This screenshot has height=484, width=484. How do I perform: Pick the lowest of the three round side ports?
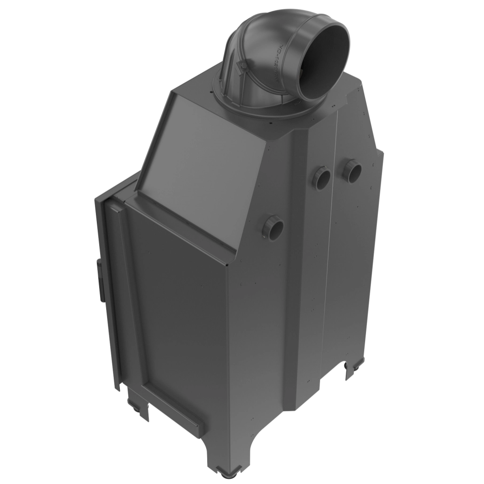click(273, 226)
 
